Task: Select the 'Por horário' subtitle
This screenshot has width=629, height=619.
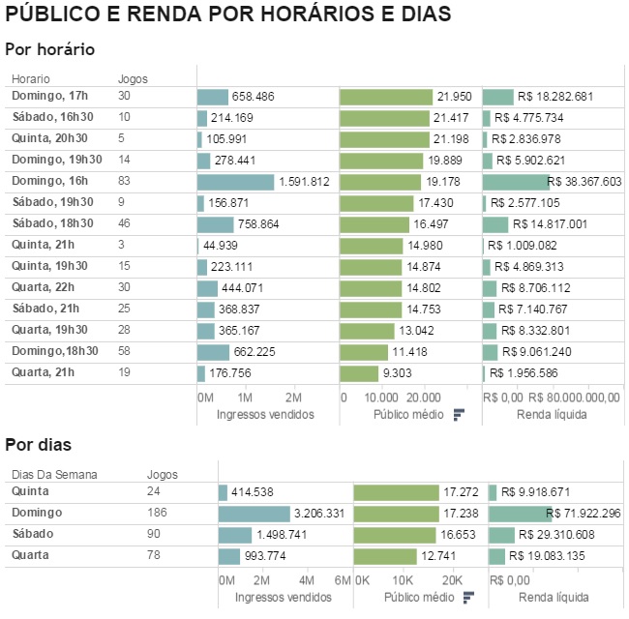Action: pos(49,49)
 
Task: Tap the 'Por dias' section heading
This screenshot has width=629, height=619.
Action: pos(39,446)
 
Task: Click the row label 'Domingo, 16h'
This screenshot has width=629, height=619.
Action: pos(49,181)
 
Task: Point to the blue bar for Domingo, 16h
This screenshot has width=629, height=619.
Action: pos(235,182)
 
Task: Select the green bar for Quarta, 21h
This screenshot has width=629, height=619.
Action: pos(359,373)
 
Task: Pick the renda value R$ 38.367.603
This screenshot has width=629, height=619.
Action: pos(584,182)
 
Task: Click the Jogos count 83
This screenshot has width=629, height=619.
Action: pos(124,181)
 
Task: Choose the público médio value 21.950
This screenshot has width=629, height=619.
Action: pos(454,97)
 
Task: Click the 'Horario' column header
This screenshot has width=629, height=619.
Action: pos(31,79)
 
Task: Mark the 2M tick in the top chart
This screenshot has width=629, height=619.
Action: pos(293,398)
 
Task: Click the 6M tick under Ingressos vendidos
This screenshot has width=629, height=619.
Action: pos(342,579)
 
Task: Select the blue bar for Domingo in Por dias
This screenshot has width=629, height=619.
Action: pos(254,514)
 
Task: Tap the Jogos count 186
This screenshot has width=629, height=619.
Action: pos(156,513)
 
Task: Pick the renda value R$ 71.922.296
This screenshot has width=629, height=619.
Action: pos(584,514)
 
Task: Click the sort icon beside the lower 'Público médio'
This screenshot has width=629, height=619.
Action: pos(468,597)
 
